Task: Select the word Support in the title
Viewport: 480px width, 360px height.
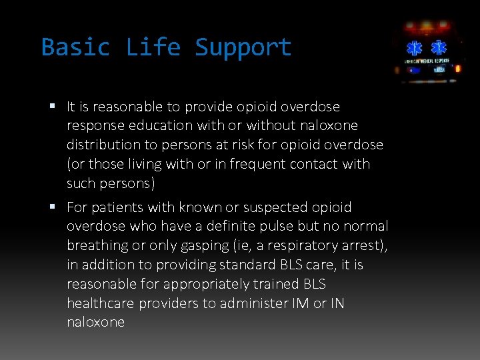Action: click(243, 47)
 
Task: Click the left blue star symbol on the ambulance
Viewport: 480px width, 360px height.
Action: click(416, 48)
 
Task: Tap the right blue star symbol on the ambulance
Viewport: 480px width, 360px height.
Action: click(439, 48)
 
